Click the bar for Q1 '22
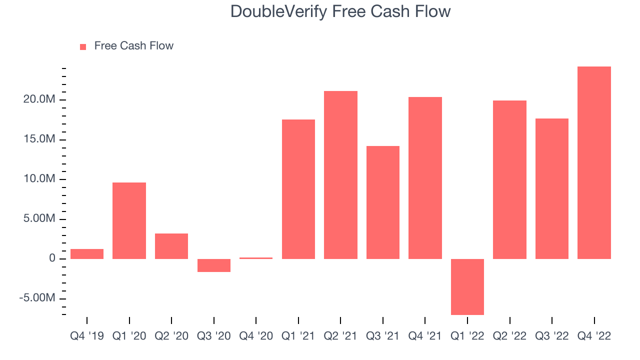pos(467,287)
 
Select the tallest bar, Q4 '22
pos(594,163)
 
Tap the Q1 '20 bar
pos(129,221)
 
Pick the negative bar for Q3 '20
pos(214,265)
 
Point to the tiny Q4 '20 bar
pos(256,258)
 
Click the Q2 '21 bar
pos(340,175)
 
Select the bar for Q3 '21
pos(383,202)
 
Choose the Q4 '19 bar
pos(87,254)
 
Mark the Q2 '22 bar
pos(509,179)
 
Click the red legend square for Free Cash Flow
pos(83,47)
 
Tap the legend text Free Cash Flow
pos(133,45)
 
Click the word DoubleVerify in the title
pos(278,12)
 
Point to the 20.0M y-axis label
pos(39,99)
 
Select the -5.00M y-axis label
pos(37,297)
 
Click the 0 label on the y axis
pos(52,258)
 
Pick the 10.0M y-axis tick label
pos(39,178)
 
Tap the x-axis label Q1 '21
pos(298,336)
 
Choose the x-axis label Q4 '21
pos(425,336)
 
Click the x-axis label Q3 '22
pos(551,336)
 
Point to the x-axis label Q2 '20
pos(171,336)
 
